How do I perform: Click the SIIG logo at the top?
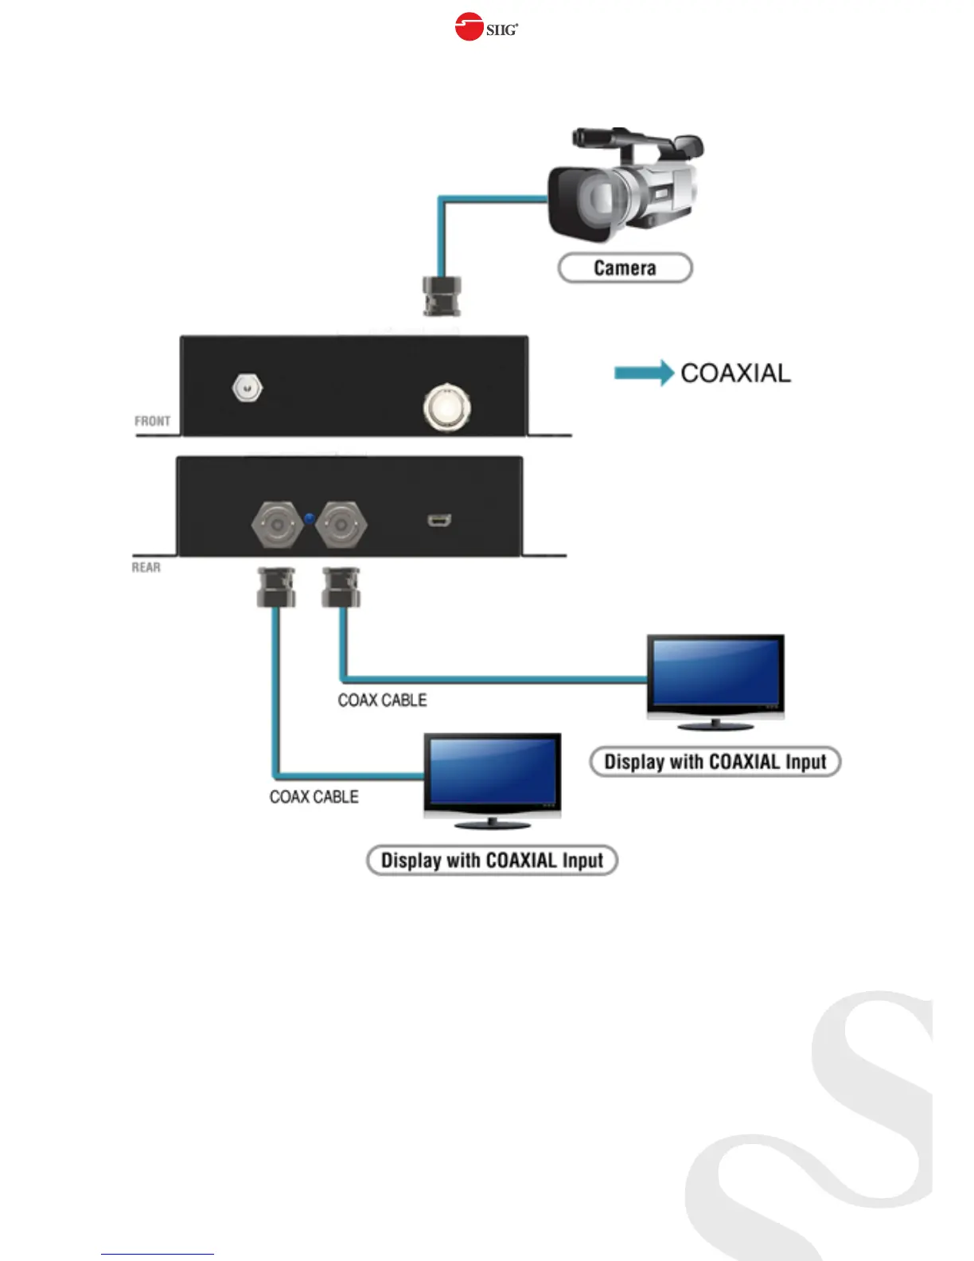(486, 28)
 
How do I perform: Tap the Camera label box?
(625, 267)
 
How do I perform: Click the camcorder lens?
(595, 199)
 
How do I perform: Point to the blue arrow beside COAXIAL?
(643, 373)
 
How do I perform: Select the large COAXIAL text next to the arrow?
(735, 373)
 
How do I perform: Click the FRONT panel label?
(152, 420)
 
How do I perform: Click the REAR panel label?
(146, 567)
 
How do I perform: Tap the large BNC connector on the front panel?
(446, 407)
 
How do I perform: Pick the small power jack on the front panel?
(247, 388)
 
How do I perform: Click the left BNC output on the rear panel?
(276, 524)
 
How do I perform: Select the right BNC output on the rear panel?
(341, 524)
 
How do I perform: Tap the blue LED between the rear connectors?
(310, 520)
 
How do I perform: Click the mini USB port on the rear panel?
(439, 521)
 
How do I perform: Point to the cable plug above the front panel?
(442, 296)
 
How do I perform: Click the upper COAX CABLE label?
(382, 700)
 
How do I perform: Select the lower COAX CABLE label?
(314, 797)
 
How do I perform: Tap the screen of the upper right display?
(715, 671)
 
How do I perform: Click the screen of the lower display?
(492, 769)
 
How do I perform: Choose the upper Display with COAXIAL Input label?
(715, 762)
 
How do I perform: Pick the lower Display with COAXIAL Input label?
(492, 861)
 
